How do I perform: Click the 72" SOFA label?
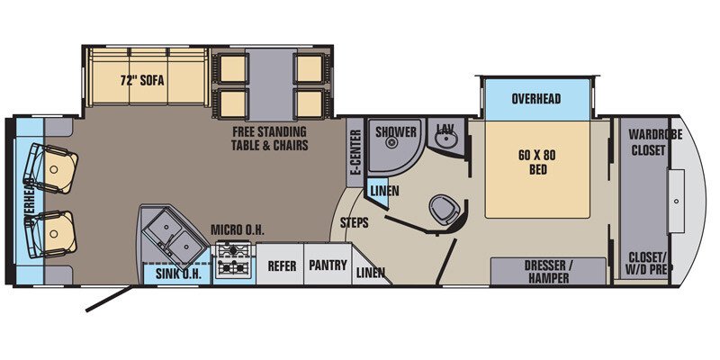142,81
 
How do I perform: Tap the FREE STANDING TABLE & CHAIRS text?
269,139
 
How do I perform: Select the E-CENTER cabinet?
355,152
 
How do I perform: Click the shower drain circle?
391,143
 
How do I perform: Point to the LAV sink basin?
445,139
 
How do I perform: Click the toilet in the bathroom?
445,210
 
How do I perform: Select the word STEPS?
354,223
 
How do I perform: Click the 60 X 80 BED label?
537,162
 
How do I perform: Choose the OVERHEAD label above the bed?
536,99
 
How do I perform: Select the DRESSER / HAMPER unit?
548,272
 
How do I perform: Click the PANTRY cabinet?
328,264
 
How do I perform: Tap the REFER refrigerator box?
280,264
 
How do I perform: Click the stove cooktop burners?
234,259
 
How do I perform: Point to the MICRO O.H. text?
238,230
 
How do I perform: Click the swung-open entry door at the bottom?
109,299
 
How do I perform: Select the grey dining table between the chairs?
269,84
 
